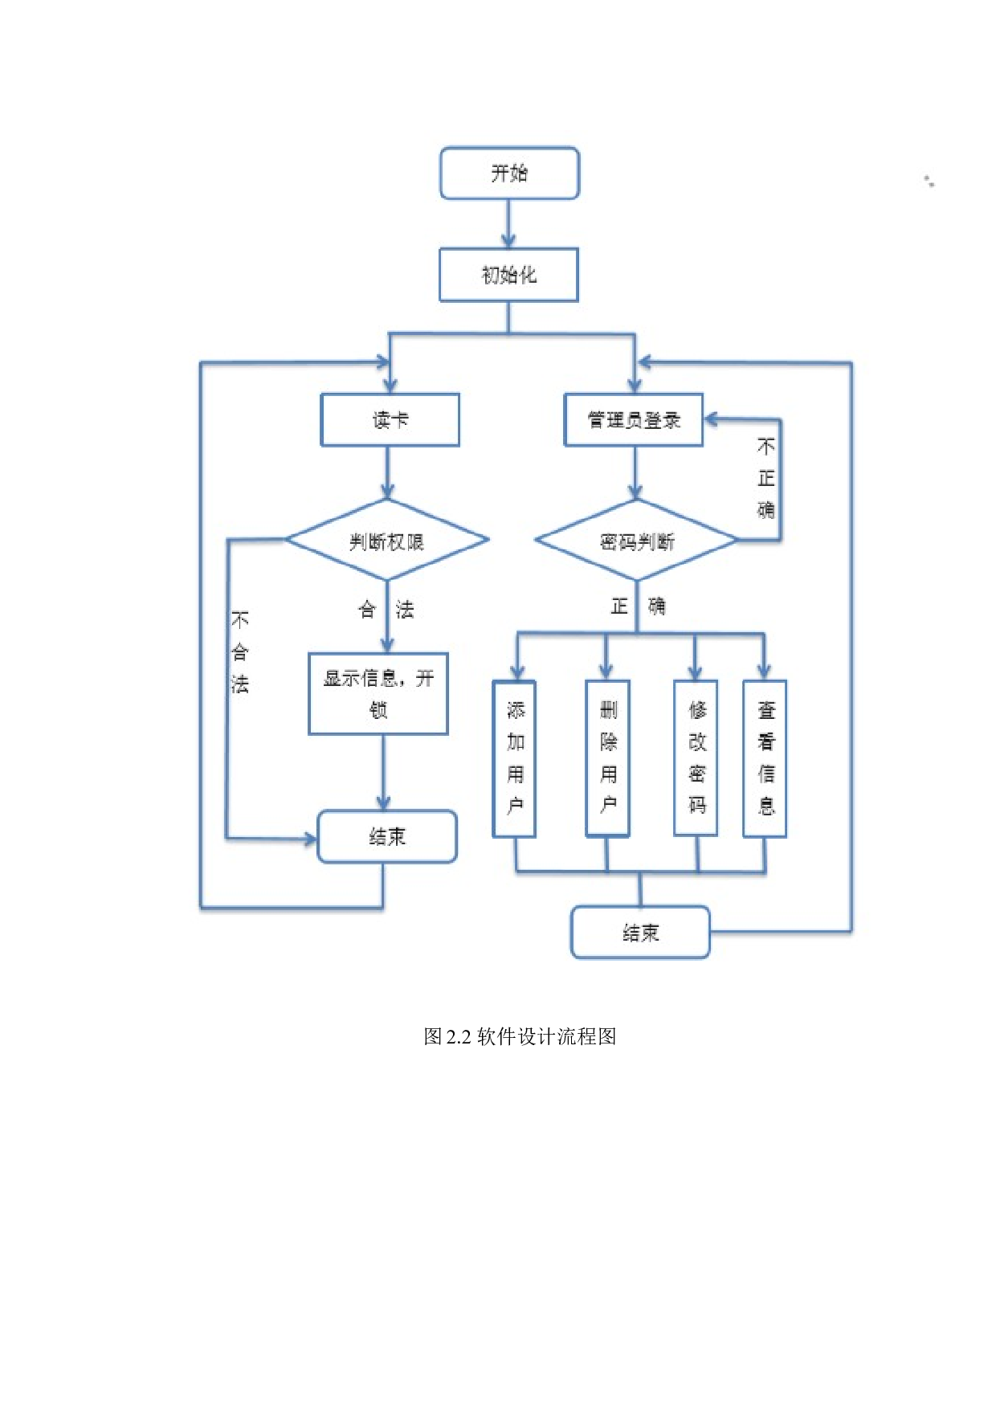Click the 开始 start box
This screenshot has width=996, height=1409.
(509, 173)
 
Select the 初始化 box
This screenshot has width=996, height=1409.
(508, 275)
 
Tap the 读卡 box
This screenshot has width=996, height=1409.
(390, 419)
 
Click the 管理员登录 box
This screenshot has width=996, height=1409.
(634, 419)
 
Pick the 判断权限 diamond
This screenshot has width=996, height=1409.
(387, 541)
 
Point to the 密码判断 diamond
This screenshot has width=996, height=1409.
(636, 541)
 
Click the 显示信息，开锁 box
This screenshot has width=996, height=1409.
(378, 693)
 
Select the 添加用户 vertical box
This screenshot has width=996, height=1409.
(515, 758)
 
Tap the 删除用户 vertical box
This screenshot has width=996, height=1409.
(608, 758)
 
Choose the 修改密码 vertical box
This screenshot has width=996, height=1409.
(696, 758)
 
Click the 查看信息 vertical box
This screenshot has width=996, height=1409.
(765, 758)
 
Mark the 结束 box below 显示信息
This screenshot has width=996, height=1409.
(387, 837)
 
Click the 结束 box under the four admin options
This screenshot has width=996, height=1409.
(640, 933)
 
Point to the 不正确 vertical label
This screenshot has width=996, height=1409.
(766, 478)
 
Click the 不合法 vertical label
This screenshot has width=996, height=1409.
(239, 651)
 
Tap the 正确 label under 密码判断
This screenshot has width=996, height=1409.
(638, 606)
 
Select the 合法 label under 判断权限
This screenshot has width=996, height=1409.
(386, 610)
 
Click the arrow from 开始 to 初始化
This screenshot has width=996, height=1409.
(508, 224)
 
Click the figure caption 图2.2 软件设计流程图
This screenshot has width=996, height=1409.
(520, 1036)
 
